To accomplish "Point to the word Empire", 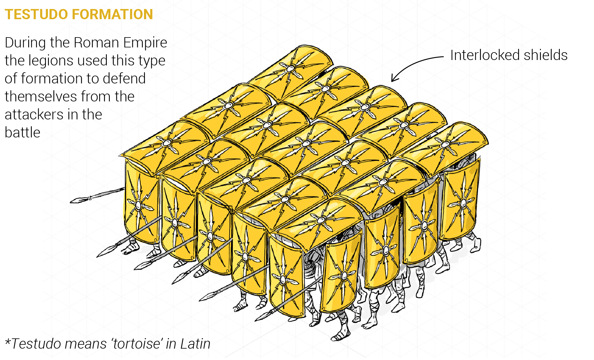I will pos(145,43).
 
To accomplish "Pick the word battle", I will pos(22,133).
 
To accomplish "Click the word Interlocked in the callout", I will pos(485,55).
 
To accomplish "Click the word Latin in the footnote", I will pos(195,344).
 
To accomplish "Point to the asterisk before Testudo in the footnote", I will pos(8,342).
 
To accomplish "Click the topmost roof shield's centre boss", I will pos(290,69).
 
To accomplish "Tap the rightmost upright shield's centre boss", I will pos(463,203).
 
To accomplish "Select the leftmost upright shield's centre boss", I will pos(138,205).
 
